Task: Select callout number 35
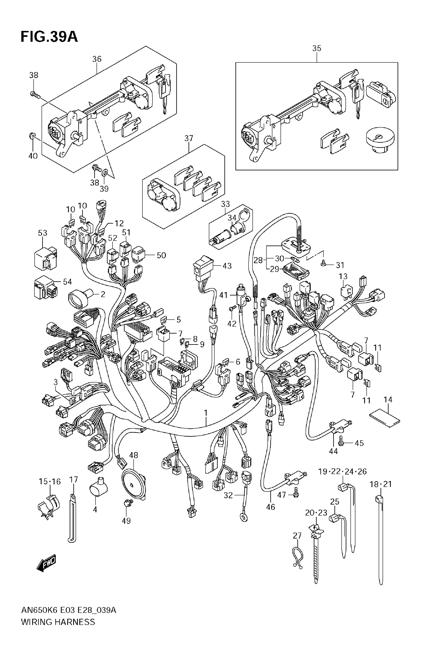(317, 48)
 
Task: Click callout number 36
(97, 59)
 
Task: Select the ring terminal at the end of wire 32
(244, 519)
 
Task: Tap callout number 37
(189, 139)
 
